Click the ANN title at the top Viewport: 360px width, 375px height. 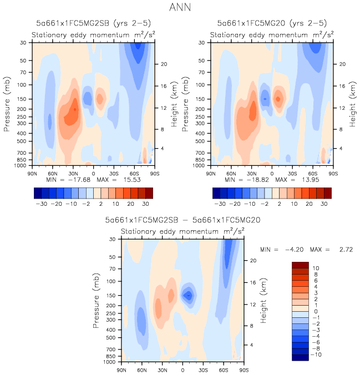click(180, 8)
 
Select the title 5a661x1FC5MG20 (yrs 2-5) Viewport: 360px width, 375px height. click(272, 23)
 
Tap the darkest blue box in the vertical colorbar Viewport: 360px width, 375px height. click(300, 358)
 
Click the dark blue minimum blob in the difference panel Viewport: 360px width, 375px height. click(189, 295)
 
